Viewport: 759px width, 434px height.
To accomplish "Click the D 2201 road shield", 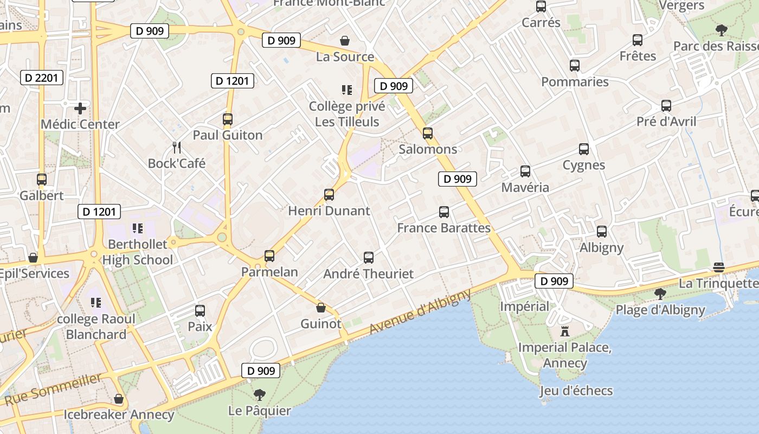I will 42,78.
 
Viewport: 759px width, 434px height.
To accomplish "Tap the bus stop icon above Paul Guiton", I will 228,119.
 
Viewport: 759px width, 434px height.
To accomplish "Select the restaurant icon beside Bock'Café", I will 176,147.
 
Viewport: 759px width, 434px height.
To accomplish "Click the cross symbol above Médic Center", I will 80,108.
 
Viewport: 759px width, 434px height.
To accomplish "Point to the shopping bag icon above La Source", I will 345,41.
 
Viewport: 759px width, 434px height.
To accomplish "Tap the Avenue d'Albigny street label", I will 420,311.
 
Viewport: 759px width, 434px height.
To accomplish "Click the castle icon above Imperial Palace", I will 565,331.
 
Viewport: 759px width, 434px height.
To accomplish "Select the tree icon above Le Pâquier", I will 260,394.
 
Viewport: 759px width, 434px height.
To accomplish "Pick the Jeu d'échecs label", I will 576,391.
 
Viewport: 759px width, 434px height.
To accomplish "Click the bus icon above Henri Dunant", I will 329,195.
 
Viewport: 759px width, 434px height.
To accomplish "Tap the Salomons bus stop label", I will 428,149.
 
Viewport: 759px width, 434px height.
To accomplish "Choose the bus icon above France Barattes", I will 444,212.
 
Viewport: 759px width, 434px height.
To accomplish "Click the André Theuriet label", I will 368,274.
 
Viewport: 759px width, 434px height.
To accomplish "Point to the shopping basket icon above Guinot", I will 321,308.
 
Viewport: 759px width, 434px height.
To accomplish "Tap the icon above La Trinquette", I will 719,267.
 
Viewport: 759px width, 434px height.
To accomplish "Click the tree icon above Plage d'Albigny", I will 660,294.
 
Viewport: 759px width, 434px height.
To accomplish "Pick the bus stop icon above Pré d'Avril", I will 666,106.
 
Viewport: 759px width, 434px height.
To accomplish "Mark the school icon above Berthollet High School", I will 137,228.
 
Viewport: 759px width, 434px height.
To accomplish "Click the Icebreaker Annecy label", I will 119,415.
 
